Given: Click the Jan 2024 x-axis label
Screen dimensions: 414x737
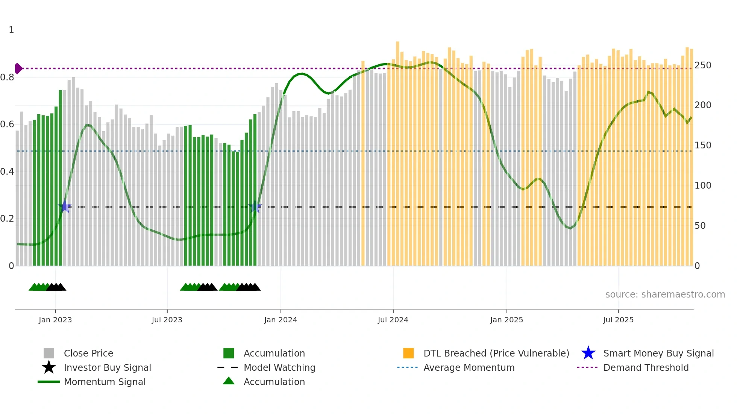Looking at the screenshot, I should [x=281, y=320].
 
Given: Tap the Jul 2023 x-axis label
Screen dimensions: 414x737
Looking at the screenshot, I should [x=167, y=320].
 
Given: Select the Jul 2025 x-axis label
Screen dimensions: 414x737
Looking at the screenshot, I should [x=618, y=320].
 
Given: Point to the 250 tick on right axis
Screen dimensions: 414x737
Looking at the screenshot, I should [x=703, y=65].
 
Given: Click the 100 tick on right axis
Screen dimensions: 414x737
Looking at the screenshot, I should [x=703, y=186].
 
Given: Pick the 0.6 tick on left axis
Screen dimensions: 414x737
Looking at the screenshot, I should [x=7, y=124].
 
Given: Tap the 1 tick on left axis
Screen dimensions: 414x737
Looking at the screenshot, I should [x=11, y=30].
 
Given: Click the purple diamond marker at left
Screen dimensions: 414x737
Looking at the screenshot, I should [x=18, y=68].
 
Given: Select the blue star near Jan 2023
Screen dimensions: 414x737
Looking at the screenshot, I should [x=65, y=206].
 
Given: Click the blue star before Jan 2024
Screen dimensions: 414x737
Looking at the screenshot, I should [x=255, y=206].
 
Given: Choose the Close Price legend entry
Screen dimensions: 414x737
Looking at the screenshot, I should [x=88, y=353].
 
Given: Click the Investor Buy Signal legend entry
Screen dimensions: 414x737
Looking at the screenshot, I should [x=107, y=367].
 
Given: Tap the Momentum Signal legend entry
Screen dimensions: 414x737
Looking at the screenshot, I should [x=105, y=382].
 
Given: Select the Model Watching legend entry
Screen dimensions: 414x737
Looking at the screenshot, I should [x=279, y=367].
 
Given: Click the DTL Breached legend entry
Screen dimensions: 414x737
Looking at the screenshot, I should [x=496, y=353].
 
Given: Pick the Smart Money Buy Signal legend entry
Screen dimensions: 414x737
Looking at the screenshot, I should [x=658, y=353].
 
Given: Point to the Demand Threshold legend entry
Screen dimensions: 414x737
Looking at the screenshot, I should [x=646, y=367].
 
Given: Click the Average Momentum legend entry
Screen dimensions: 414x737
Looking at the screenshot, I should [x=469, y=367].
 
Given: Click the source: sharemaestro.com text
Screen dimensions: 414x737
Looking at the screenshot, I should [x=665, y=294].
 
